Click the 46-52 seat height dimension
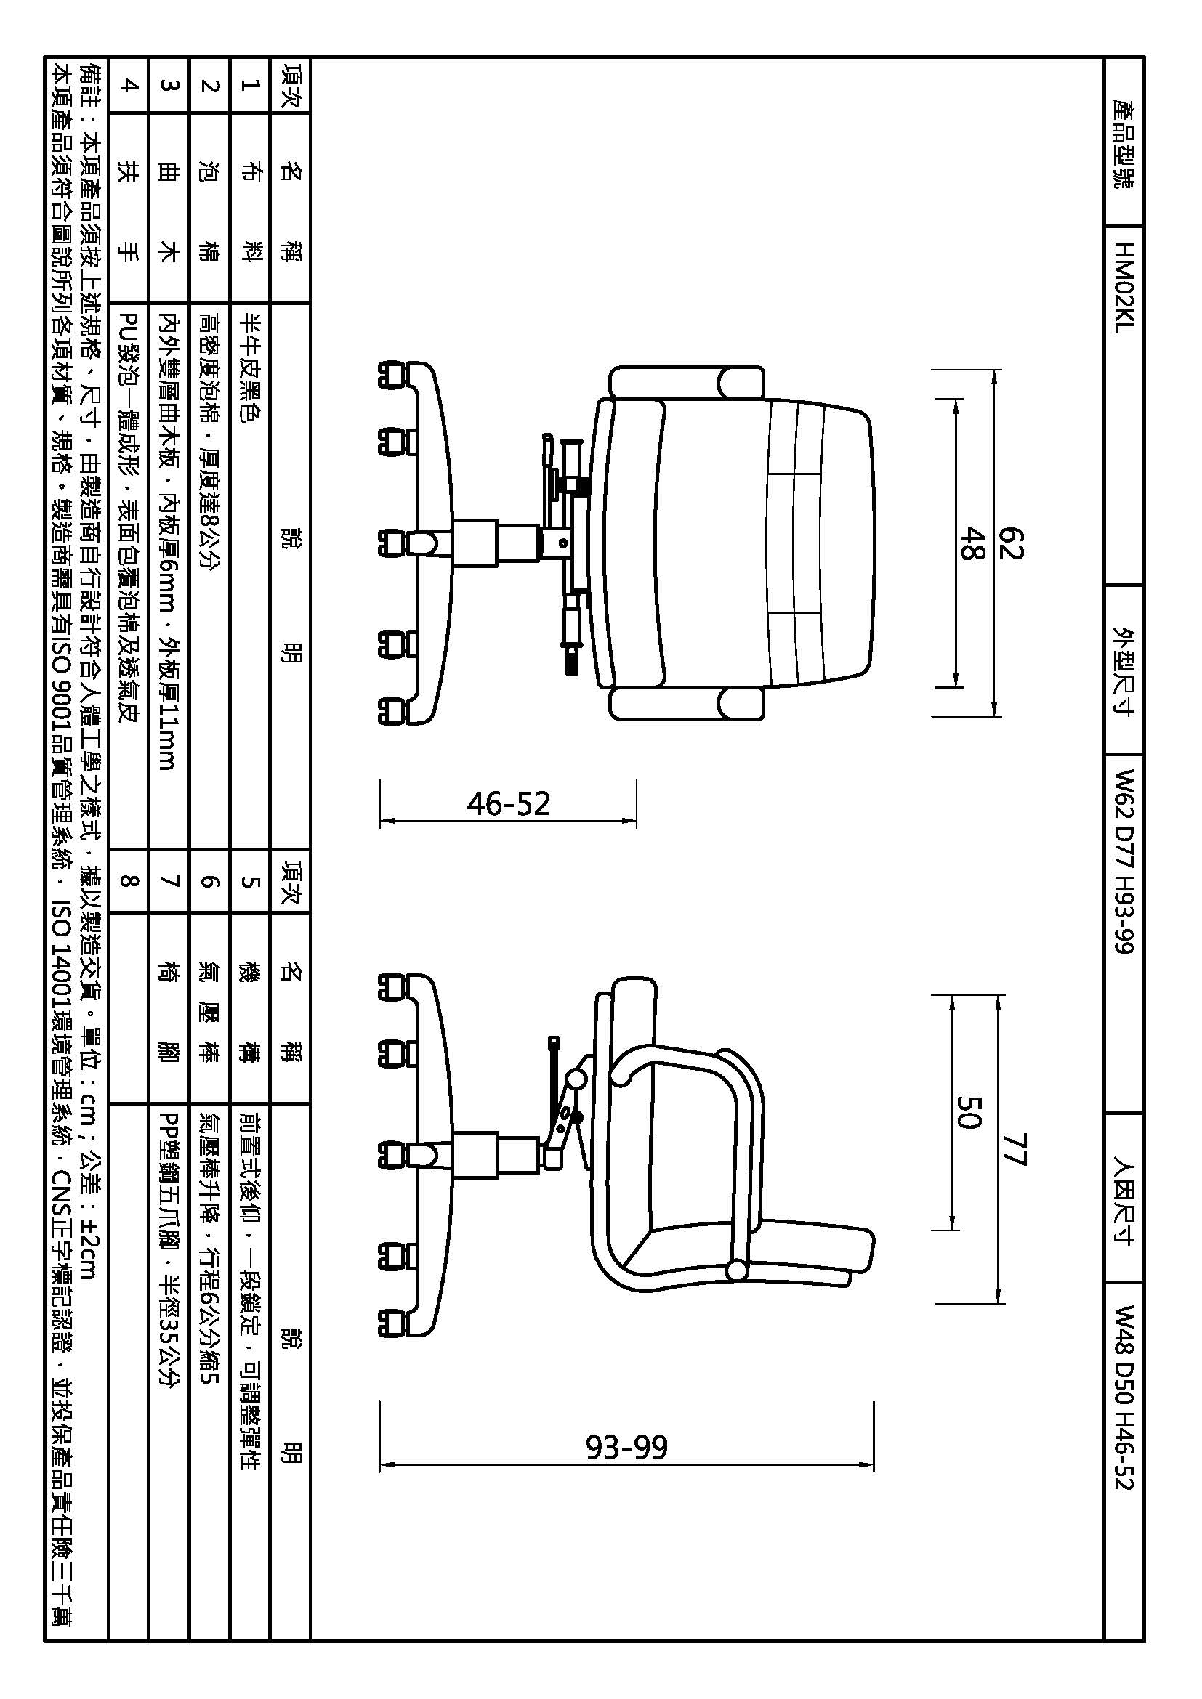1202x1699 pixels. pyautogui.click(x=508, y=803)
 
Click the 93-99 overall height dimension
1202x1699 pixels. pyautogui.click(x=626, y=1447)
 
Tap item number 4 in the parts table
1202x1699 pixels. pyautogui.click(x=129, y=85)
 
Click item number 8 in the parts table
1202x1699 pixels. pyautogui.click(x=129, y=880)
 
